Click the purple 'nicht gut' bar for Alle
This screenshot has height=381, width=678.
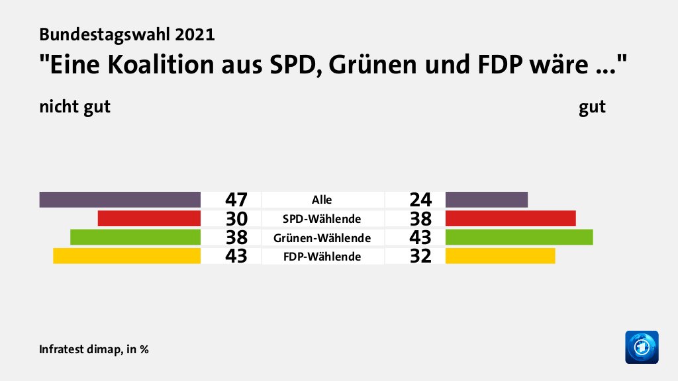(120, 199)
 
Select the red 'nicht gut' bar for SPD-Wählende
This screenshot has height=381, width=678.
(149, 218)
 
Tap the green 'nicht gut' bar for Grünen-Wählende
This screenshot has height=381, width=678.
(135, 237)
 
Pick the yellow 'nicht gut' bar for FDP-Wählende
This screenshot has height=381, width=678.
(126, 255)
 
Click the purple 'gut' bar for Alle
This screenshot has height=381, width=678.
(487, 199)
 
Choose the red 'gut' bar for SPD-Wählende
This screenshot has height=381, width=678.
(510, 218)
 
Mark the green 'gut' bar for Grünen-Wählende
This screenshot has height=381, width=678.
(519, 237)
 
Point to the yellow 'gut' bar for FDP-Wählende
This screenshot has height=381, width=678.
(501, 255)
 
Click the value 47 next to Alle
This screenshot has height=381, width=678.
(236, 199)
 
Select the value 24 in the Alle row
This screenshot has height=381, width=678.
(420, 199)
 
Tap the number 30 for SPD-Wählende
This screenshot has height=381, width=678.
(236, 218)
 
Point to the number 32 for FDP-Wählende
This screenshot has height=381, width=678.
(420, 256)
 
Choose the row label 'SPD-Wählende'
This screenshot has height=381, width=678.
(322, 218)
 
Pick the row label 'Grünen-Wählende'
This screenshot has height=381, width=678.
(322, 237)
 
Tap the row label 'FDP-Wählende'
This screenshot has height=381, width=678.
(322, 256)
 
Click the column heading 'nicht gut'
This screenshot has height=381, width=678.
(74, 106)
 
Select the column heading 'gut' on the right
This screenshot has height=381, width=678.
(592, 106)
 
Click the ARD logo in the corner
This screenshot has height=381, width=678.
(642, 347)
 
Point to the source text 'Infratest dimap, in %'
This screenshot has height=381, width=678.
(93, 349)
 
